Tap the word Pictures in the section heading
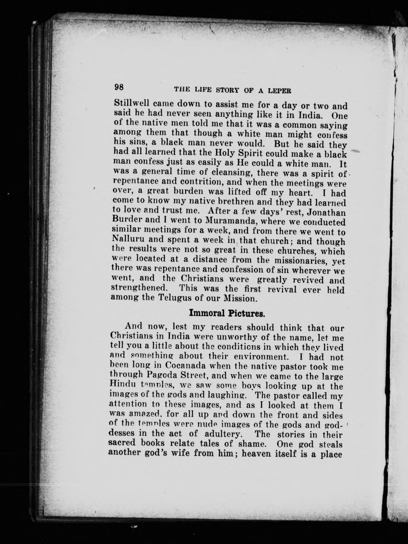pos(246,313)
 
